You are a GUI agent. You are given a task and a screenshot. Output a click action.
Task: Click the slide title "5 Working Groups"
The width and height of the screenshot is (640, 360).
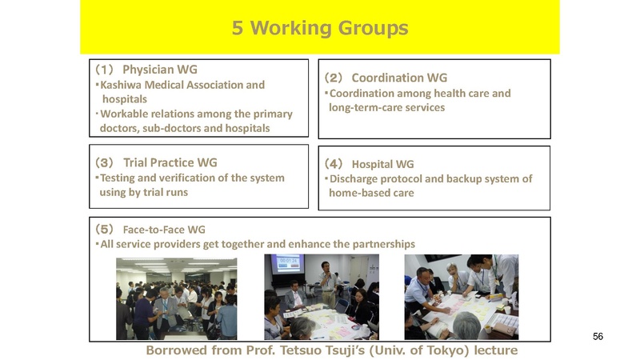tap(319, 28)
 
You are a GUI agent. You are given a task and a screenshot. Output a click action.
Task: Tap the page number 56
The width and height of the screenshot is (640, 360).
tap(598, 336)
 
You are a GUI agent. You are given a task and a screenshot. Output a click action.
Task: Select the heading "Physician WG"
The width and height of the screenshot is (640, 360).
tap(159, 70)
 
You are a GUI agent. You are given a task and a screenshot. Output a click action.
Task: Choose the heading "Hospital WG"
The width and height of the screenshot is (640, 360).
tap(383, 164)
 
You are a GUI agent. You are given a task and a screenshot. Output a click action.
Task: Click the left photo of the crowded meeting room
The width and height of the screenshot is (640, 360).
tap(176, 297)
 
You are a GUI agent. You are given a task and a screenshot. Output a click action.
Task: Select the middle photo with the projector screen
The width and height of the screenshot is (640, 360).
tap(321, 297)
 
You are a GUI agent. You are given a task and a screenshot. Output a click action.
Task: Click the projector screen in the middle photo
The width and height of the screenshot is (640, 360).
tap(287, 265)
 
